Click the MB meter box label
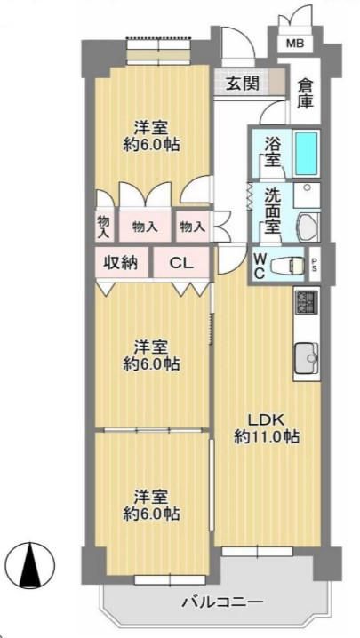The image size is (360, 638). [x=295, y=44]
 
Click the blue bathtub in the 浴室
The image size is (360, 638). [x=306, y=153]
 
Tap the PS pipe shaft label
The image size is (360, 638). [x=315, y=266]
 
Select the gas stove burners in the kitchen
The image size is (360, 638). [x=307, y=302]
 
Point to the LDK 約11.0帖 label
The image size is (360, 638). [x=268, y=428]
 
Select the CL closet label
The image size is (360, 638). [x=181, y=264]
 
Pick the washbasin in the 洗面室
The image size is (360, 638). [x=308, y=226]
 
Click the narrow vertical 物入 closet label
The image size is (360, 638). [x=104, y=227]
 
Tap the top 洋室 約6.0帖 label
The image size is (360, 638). [x=151, y=137]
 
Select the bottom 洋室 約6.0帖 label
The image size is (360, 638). [x=151, y=506]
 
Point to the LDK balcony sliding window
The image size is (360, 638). [x=258, y=551]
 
